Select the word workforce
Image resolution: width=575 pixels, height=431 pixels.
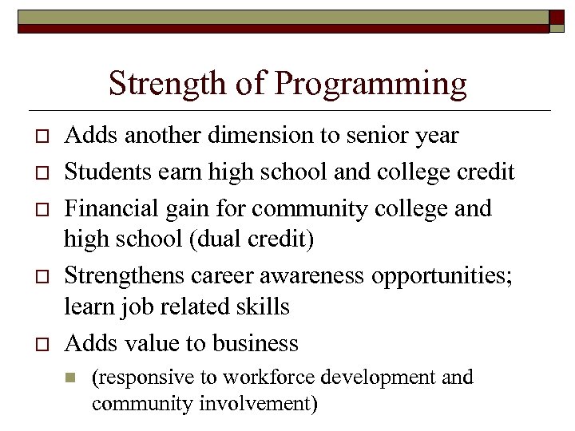[x=263, y=377]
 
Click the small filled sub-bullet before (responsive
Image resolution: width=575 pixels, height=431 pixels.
[x=71, y=378]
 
